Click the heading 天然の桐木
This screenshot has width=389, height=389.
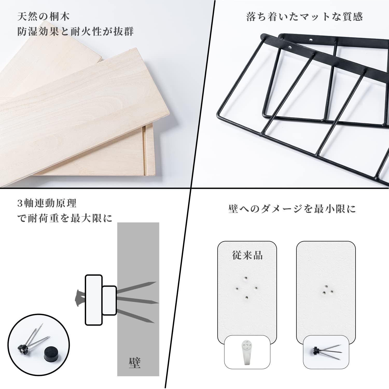[44, 17]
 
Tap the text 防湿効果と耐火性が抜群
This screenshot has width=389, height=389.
[75, 31]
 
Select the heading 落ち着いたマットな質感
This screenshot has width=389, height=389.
[304, 17]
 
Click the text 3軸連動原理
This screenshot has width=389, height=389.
[47, 203]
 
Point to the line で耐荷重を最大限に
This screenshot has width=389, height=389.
[65, 218]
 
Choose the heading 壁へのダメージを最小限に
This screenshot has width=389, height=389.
[292, 209]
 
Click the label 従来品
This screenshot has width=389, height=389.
[247, 255]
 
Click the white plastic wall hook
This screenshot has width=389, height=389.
[247, 352]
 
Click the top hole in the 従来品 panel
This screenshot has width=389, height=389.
[246, 279]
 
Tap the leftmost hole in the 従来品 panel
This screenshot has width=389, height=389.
[237, 288]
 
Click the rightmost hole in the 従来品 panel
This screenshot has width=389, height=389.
[255, 288]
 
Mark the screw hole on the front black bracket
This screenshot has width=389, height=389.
[290, 48]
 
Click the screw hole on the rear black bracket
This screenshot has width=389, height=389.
[311, 40]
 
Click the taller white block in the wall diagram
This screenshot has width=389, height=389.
[94, 300]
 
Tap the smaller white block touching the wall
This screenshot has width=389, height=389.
[109, 300]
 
